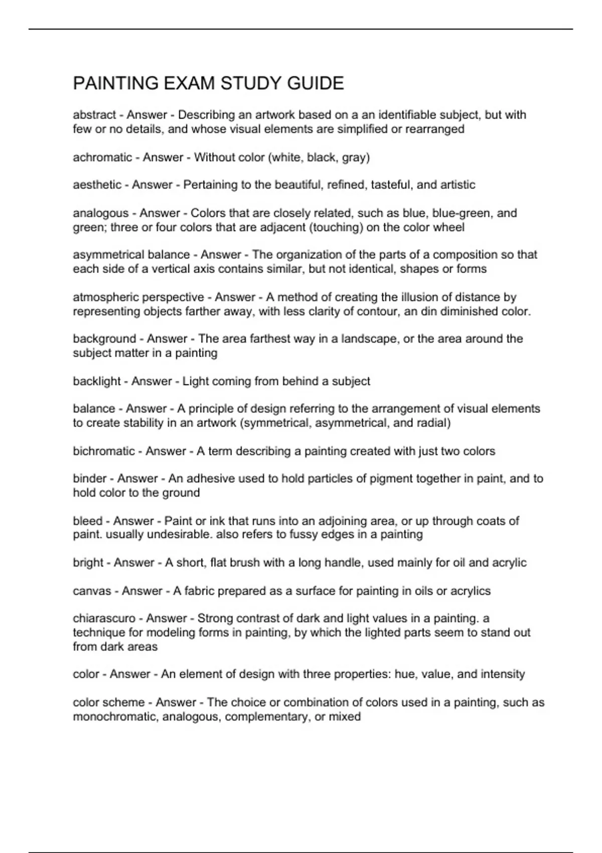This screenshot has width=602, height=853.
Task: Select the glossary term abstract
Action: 94,115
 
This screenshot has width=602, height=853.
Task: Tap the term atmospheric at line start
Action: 105,298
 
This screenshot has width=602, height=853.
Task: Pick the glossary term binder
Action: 90,479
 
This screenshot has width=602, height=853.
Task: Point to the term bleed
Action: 88,521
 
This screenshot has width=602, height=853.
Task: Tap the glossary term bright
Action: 88,563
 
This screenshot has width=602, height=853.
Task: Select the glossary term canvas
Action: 92,591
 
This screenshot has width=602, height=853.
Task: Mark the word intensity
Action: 503,674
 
